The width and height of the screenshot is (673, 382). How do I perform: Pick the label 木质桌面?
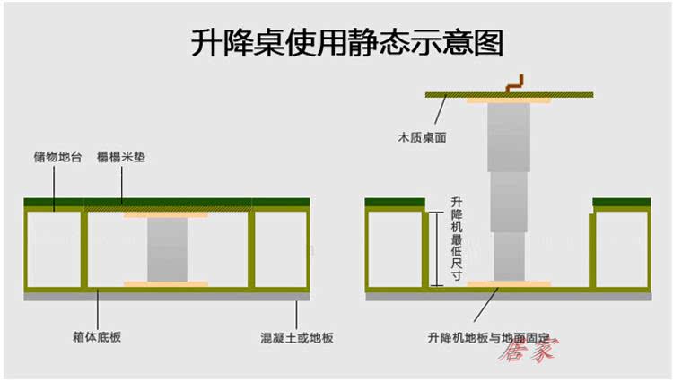click(x=422, y=138)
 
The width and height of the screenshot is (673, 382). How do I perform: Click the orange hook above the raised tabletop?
click(x=514, y=83)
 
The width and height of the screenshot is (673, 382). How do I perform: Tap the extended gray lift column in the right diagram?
click(x=509, y=188)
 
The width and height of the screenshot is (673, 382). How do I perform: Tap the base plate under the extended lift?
click(x=509, y=285)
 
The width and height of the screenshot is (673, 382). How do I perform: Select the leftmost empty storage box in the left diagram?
click(x=54, y=248)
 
